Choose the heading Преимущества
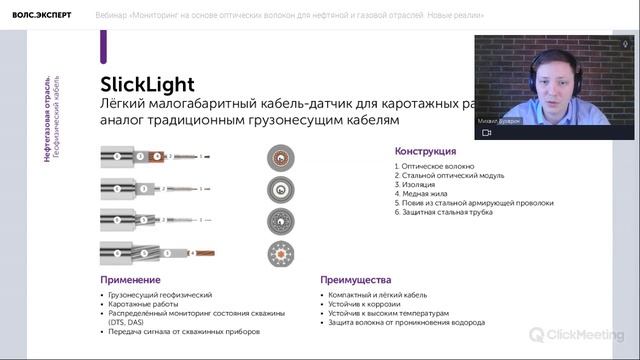(x=356, y=280)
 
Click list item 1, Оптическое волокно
(x=435, y=165)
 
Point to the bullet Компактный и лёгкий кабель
(x=379, y=296)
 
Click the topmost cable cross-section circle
(x=280, y=156)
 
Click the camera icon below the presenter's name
(x=487, y=132)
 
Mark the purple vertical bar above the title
(x=103, y=46)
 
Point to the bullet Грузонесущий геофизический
(x=160, y=296)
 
